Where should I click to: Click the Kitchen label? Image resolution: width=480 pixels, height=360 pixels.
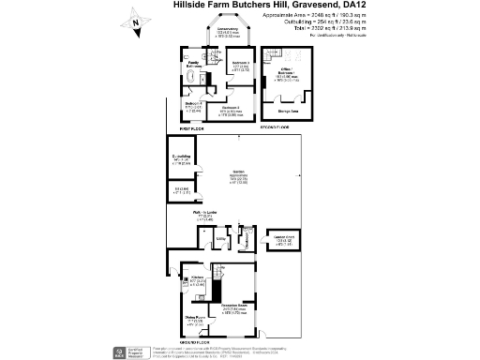click(197, 279)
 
